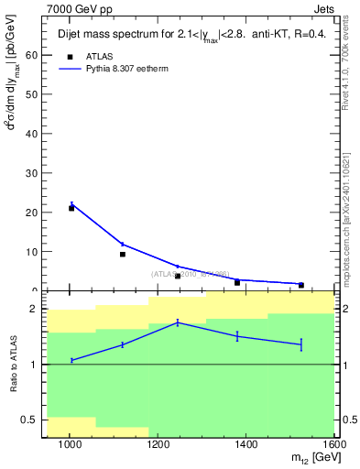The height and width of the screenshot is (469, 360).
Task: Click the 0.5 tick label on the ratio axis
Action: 28,420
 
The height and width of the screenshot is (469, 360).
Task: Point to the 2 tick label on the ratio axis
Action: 33,310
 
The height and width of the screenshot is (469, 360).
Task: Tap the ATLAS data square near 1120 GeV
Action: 123,254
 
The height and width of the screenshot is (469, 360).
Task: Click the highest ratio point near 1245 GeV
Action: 178,322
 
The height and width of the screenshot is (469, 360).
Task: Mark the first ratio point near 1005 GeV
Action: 71,360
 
